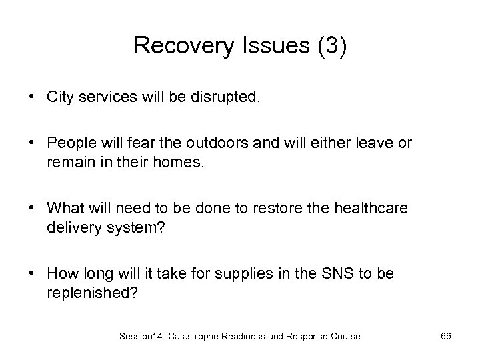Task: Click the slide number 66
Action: [x=446, y=336]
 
